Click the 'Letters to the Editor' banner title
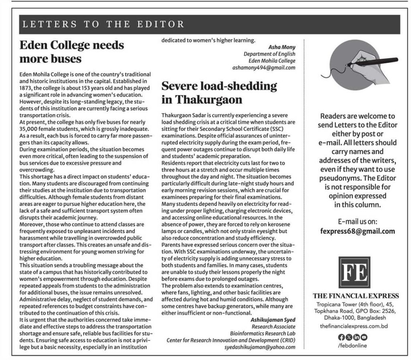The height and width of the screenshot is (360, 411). [x=103, y=24]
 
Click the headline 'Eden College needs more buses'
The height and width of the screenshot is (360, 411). [x=72, y=52]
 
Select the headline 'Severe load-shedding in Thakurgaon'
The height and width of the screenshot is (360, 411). [x=219, y=92]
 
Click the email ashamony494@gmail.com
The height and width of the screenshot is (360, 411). [x=264, y=67]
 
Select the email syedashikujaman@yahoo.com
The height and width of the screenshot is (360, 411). [x=260, y=347]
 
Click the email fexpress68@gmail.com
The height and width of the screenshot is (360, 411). [x=358, y=231]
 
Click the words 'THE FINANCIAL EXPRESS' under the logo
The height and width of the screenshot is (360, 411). [x=356, y=296]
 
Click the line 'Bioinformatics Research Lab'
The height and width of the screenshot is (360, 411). [x=262, y=333]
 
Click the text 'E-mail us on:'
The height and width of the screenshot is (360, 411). [x=356, y=221]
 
